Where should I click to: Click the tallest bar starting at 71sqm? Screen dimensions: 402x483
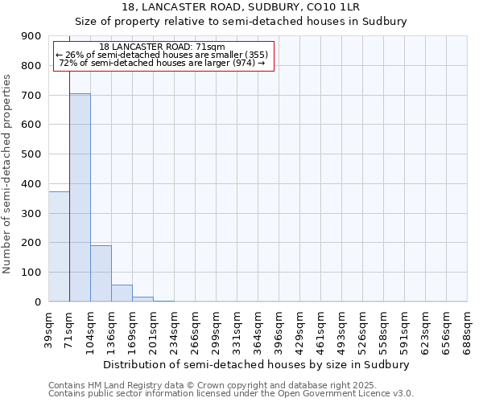tap(80, 197)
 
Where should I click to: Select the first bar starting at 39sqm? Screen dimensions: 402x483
tap(59, 246)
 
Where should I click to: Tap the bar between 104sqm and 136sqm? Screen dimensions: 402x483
tap(101, 273)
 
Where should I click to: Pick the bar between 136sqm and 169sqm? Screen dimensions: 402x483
tap(122, 293)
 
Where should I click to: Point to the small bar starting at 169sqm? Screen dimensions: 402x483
tap(142, 299)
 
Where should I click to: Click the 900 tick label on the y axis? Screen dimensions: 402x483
tap(31, 36)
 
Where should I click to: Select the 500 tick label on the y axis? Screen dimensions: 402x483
tap(31, 154)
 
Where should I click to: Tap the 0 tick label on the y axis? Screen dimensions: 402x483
tap(38, 302)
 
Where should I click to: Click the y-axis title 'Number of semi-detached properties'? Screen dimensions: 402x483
tap(8, 174)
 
